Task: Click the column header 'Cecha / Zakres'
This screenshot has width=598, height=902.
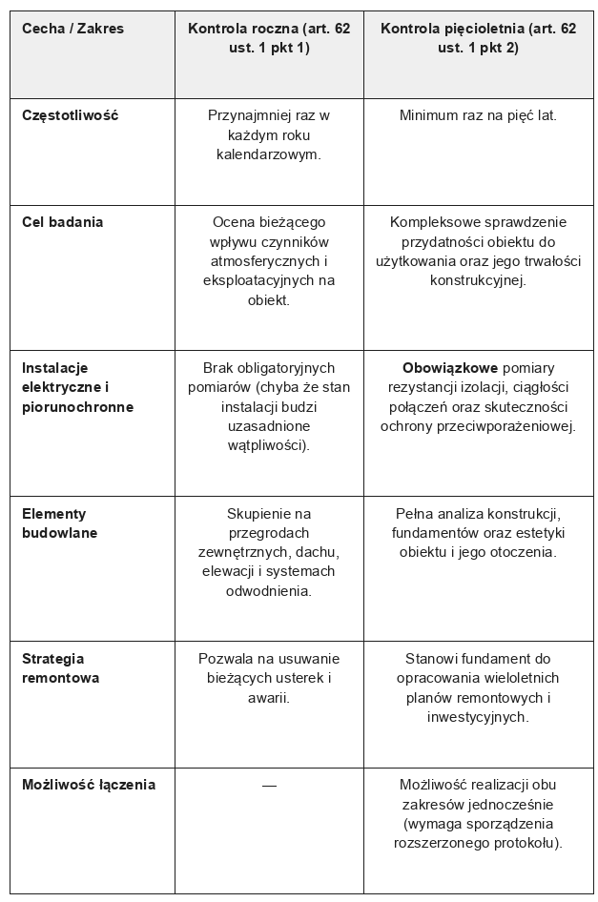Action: [x=72, y=29]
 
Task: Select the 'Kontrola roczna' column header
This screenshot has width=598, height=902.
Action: [x=269, y=38]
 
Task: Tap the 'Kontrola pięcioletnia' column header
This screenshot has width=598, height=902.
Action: [x=478, y=38]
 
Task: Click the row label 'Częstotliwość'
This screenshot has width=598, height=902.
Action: [x=70, y=115]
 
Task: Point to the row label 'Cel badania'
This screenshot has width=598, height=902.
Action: [x=62, y=222]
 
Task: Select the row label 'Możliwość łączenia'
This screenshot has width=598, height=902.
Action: [x=89, y=785]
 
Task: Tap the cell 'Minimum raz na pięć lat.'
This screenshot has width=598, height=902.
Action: [x=478, y=115]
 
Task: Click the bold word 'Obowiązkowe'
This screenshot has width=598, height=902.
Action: [x=444, y=367]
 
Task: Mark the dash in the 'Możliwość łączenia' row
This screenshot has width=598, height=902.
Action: [x=269, y=785]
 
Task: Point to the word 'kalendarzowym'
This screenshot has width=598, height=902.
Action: [x=268, y=154]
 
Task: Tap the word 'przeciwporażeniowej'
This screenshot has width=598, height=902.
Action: [x=508, y=425]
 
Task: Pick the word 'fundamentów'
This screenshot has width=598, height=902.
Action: [x=432, y=533]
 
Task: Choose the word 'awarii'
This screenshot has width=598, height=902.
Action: [x=268, y=697]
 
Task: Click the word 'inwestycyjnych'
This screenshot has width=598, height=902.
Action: [x=478, y=716]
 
